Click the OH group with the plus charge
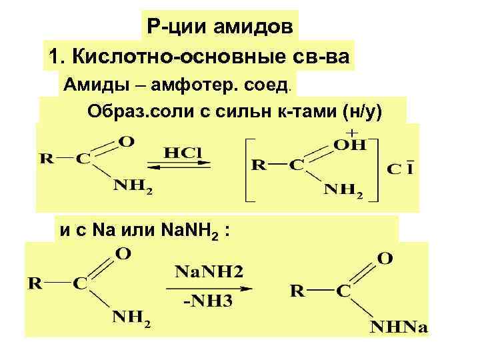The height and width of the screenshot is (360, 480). click(x=352, y=143)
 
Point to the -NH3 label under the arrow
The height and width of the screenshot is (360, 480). click(x=208, y=301)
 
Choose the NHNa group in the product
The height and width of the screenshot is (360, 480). click(x=399, y=327)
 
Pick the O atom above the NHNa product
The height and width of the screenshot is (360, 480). click(x=385, y=257)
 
